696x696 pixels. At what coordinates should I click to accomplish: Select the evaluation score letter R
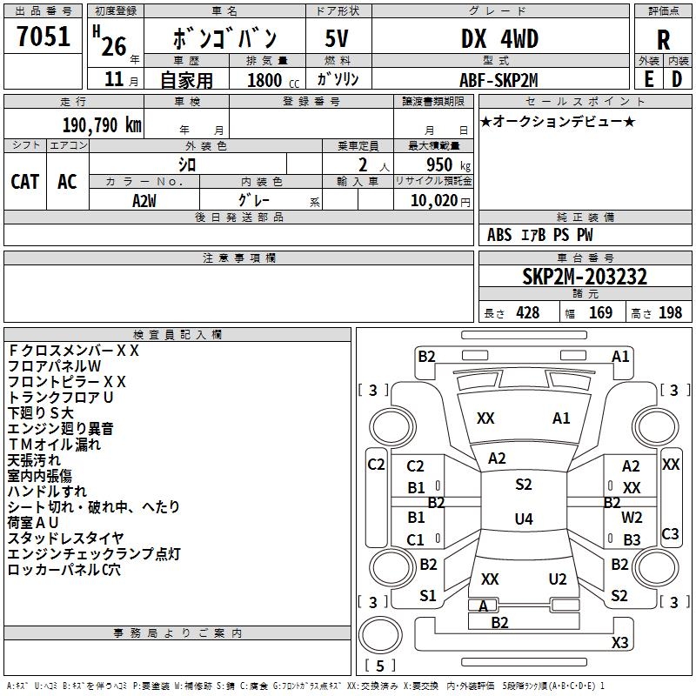663,40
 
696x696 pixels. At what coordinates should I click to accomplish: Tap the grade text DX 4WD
499,39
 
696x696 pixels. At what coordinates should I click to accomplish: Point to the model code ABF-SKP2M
499,79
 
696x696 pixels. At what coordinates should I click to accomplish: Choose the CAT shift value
24,182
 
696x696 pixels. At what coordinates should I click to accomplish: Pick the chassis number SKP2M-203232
585,277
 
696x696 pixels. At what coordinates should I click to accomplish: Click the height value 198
670,312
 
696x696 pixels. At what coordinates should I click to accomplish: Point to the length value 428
527,312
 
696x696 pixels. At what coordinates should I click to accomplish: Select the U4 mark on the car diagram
523,519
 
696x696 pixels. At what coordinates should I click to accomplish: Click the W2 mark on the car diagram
632,517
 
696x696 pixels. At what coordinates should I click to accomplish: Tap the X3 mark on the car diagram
619,643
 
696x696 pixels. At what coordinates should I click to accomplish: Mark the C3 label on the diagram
670,534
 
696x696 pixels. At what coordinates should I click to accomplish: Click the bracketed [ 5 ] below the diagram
379,666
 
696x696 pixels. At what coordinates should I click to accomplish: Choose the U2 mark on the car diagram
558,579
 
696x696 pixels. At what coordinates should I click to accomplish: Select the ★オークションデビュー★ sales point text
557,121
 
